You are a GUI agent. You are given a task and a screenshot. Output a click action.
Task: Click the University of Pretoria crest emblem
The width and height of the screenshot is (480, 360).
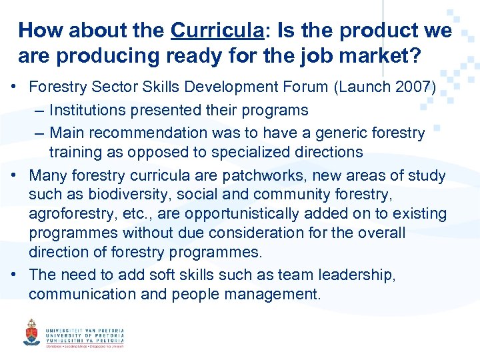point(31,331)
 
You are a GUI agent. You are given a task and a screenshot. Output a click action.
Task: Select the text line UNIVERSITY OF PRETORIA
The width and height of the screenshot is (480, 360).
point(85,335)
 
